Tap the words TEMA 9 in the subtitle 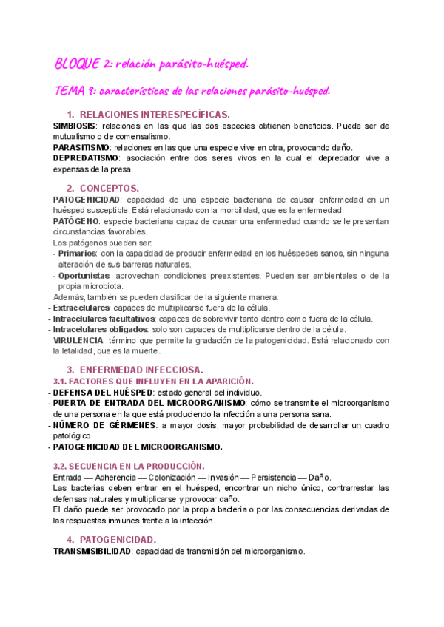point(73,91)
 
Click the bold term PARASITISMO point(81,147)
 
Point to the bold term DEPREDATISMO point(86,158)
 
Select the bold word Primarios point(77,254)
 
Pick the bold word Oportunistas point(83,275)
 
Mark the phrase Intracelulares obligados point(95,330)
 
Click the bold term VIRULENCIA point(78,340)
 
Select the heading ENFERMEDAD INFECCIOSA point(141,369)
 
